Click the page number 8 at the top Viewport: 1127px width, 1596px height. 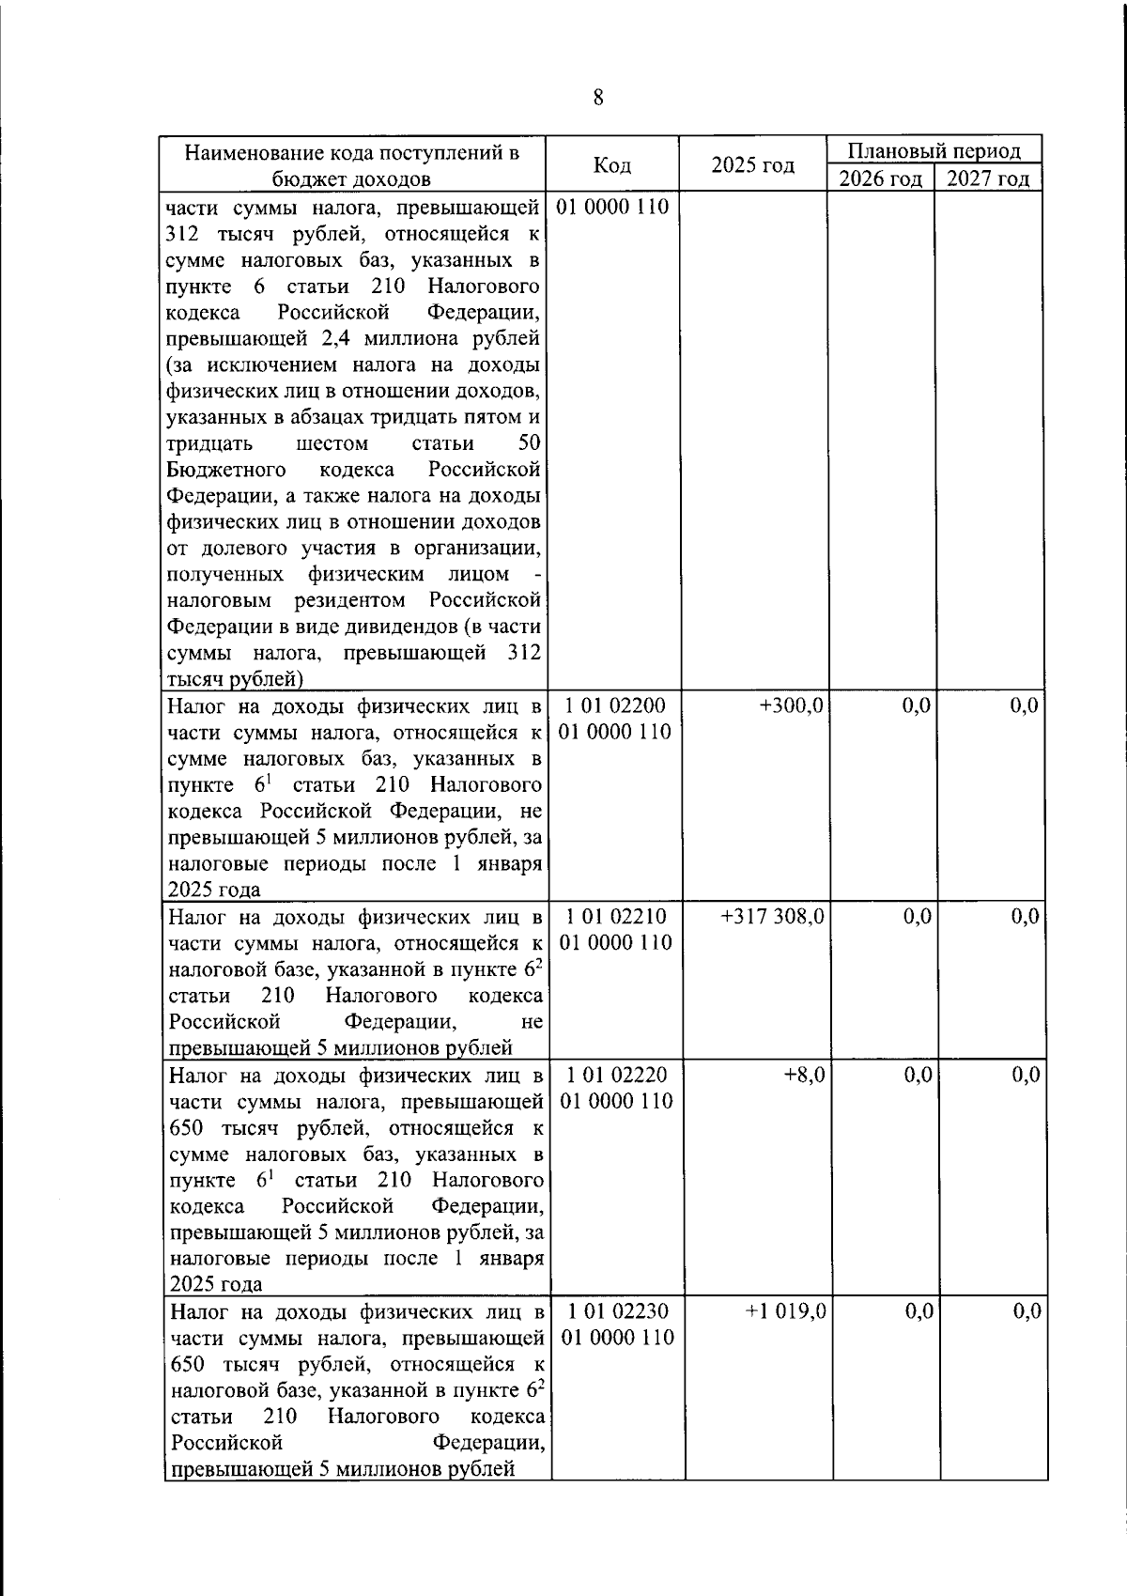[598, 98]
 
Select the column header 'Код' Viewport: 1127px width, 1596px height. [612, 165]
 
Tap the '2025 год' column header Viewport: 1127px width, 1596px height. [752, 165]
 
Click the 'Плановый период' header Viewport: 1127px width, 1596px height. [934, 151]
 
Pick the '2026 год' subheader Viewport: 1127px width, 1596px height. [880, 178]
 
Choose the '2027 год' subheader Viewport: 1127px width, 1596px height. [987, 178]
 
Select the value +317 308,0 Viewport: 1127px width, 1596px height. [773, 916]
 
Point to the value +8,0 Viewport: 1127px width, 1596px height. [804, 1075]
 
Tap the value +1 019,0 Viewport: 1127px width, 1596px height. [785, 1310]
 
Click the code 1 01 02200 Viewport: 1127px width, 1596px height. [616, 705]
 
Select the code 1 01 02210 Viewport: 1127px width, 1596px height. [616, 916]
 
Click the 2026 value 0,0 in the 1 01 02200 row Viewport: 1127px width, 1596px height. [916, 705]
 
